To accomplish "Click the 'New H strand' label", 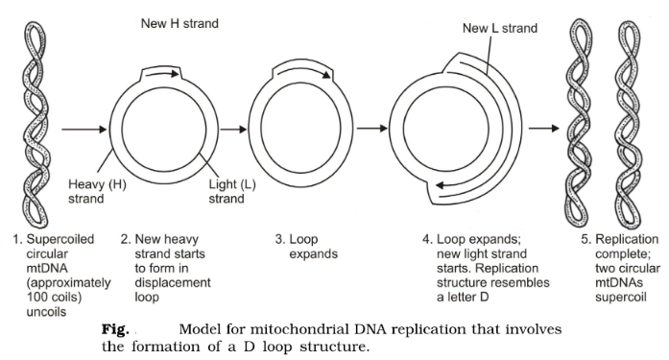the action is coord(179,23).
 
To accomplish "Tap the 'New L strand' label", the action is coord(500,28).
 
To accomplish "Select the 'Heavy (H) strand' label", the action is coord(97,191).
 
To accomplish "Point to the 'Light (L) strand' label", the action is coord(232,191).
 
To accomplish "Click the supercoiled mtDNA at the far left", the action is coord(36,124).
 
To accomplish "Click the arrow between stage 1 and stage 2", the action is coord(84,129).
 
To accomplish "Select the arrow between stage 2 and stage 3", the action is coord(234,129).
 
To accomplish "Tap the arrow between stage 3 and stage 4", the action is coord(372,128).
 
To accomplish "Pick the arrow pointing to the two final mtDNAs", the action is coord(544,128).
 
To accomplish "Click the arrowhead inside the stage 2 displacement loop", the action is coord(174,74).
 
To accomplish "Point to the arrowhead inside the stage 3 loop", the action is coord(326,75).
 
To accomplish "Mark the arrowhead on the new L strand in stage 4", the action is coord(441,185).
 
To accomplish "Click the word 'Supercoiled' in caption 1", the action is coord(60,239).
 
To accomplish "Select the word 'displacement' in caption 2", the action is coord(173,283).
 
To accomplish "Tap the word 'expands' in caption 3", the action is coord(314,254).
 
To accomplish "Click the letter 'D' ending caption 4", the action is coord(485,297).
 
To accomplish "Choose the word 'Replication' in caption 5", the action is coord(627,239).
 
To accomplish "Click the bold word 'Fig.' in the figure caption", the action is coord(115,329).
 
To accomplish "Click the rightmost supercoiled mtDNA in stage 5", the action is coord(630,124).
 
